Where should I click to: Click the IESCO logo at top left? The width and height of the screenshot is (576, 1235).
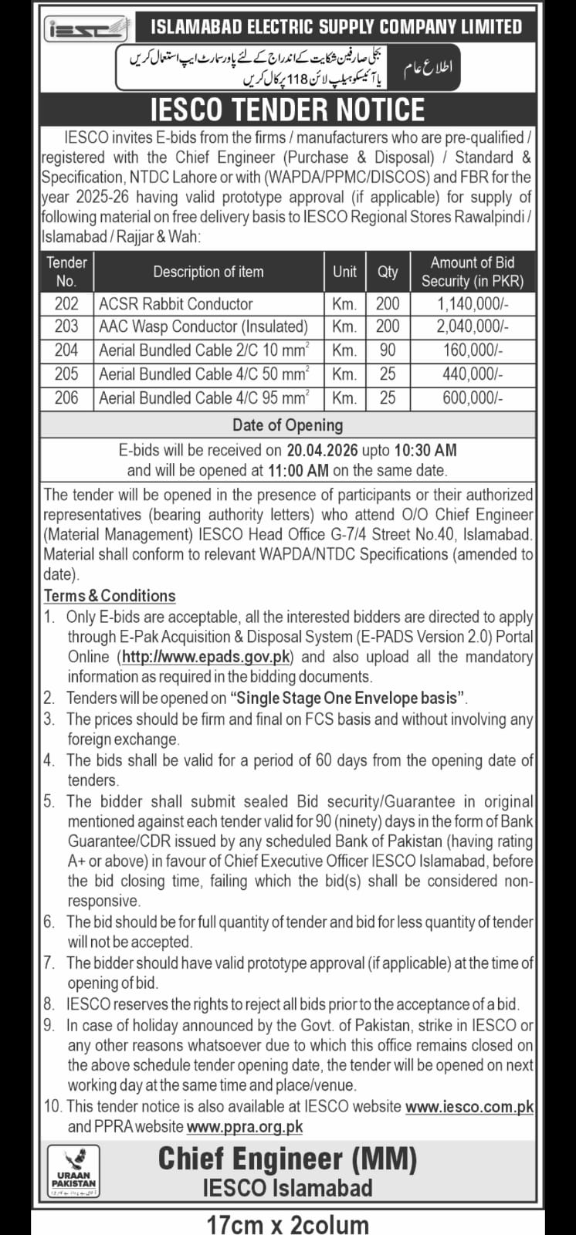point(86,29)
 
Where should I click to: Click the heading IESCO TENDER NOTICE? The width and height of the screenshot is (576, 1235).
point(287,110)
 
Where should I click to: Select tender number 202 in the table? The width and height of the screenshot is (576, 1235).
point(66,303)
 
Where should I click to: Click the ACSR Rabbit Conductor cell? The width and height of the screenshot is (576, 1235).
point(176,303)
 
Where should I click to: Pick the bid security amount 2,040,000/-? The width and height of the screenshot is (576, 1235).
point(472,327)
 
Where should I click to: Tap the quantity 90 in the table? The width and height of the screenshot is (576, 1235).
point(388,350)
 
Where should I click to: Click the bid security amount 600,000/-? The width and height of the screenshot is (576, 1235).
point(472,398)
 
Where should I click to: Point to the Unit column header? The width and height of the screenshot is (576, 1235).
point(344,271)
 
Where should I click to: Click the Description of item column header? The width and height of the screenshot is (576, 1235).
point(208,272)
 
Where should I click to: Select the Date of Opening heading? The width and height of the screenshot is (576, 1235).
point(287,425)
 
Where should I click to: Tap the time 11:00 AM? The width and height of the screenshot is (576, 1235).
point(297,469)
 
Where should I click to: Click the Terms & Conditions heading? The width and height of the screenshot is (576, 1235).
point(110,596)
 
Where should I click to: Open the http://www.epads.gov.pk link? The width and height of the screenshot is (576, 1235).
point(206,657)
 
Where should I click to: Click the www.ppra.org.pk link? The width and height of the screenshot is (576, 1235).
point(245,1127)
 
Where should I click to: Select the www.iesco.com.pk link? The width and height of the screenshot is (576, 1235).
point(469,1106)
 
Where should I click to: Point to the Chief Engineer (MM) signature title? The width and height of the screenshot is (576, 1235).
point(287,1159)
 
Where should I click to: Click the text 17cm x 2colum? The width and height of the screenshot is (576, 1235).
point(287,1223)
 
